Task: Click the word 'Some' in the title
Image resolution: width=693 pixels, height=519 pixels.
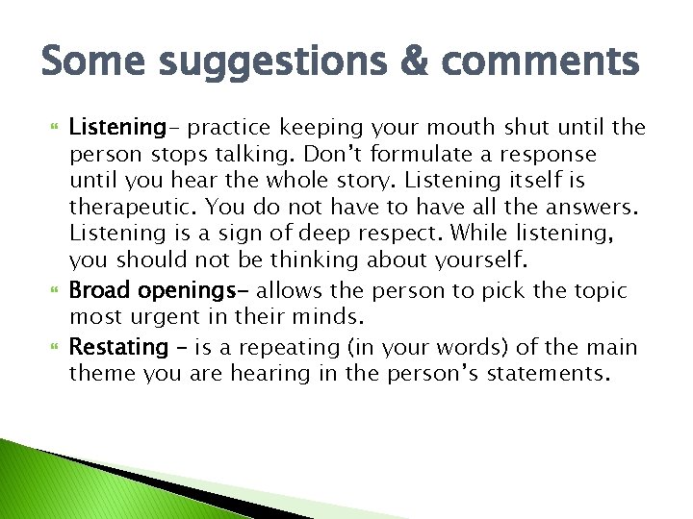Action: click(89, 62)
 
